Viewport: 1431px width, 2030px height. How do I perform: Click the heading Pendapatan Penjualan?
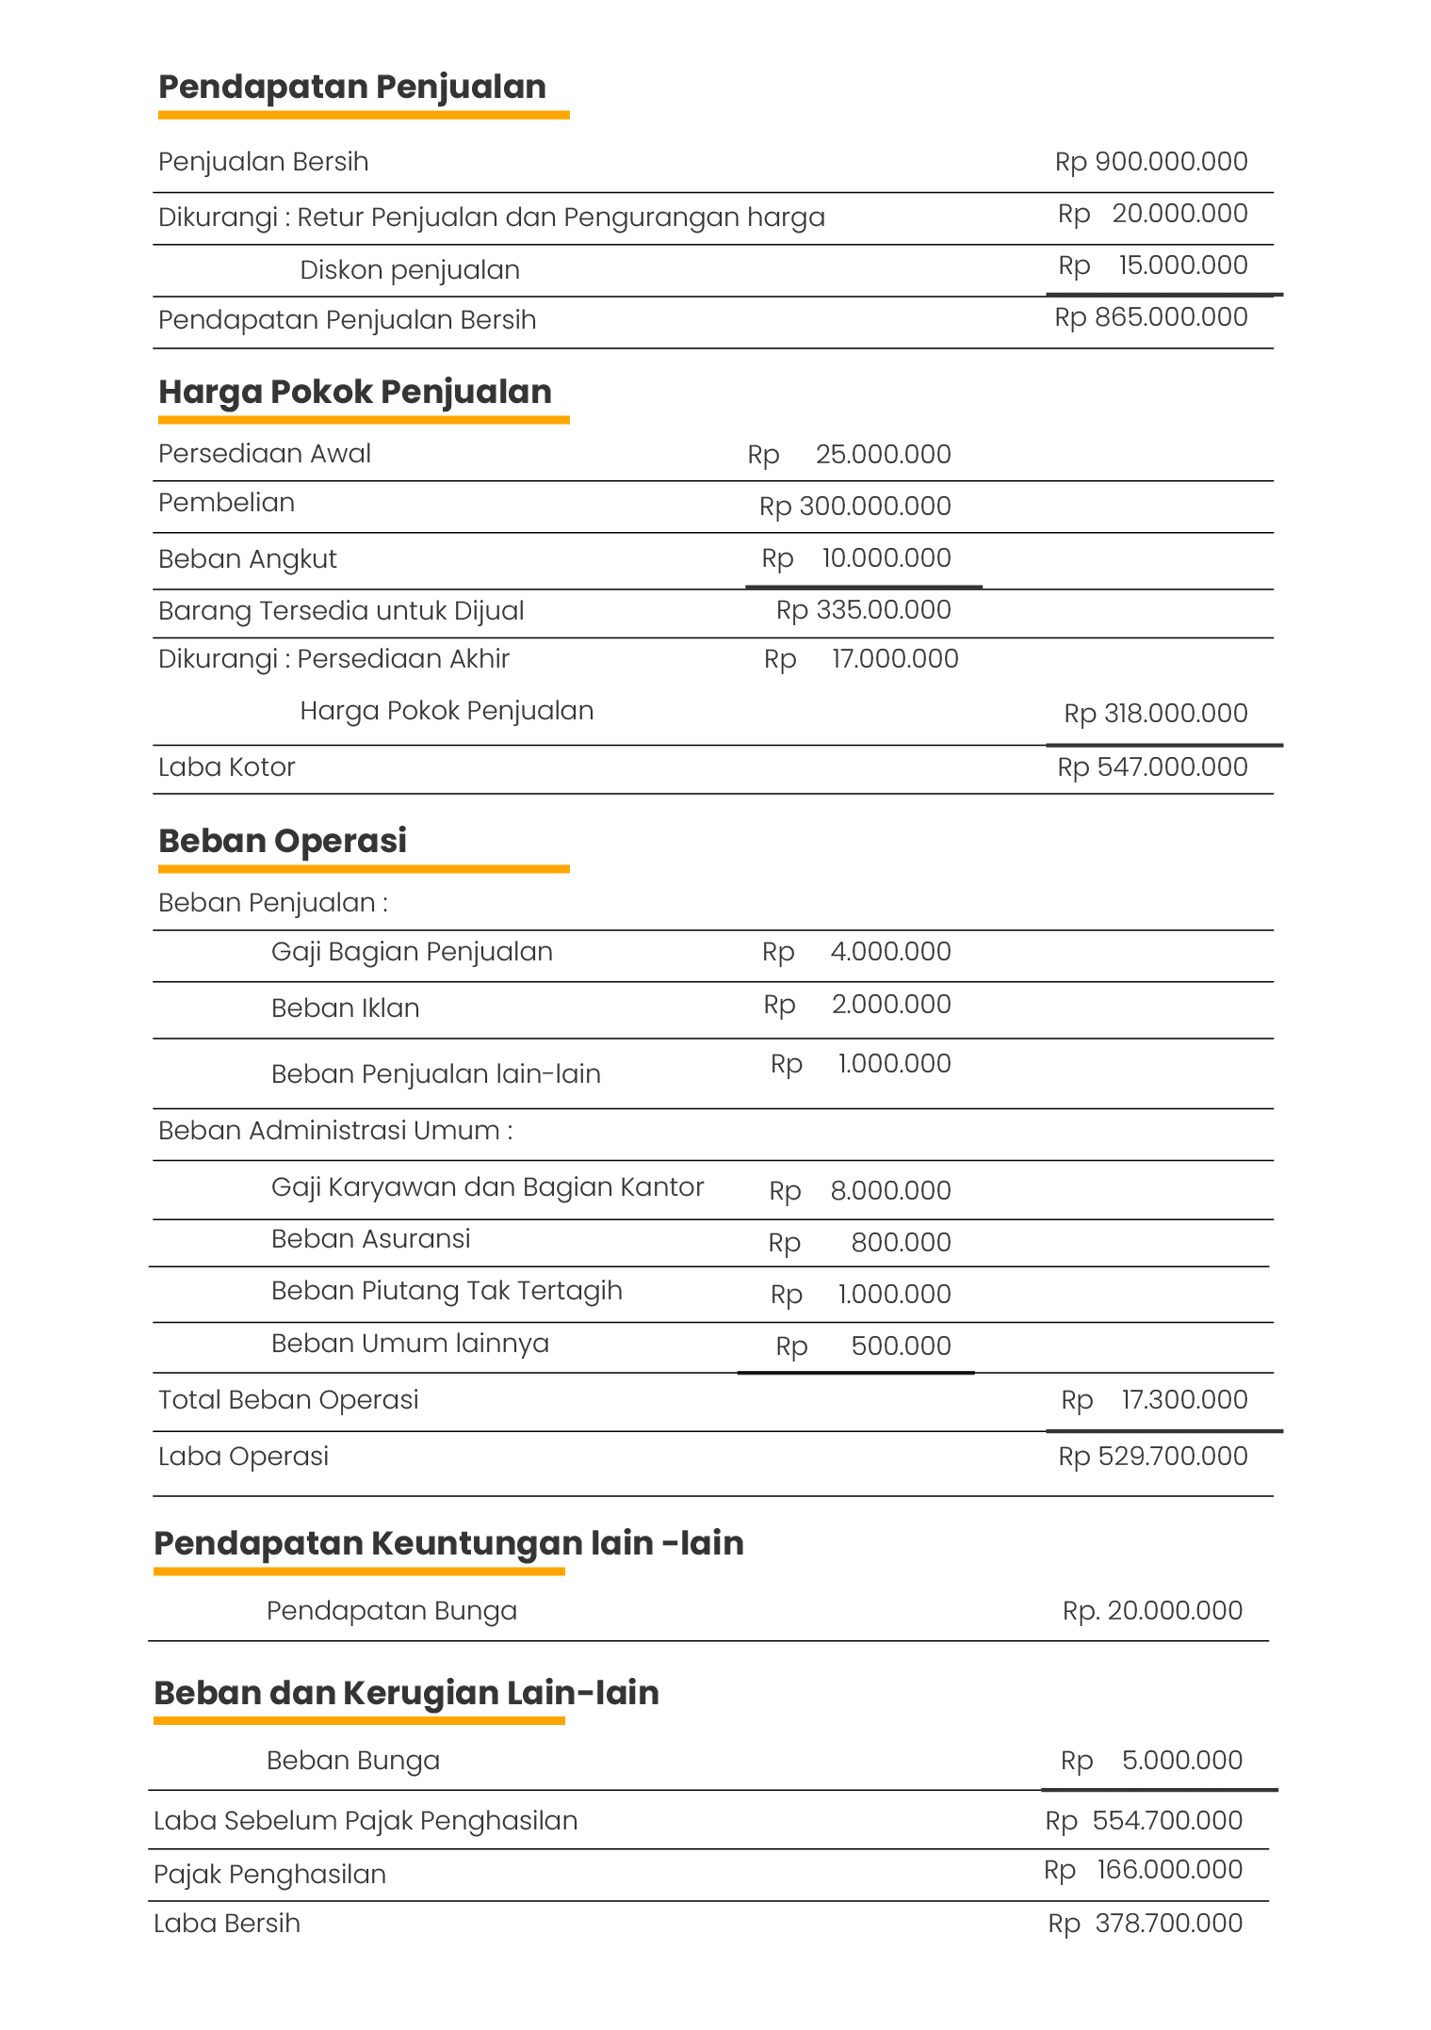[x=351, y=87]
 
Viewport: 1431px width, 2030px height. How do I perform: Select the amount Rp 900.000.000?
[x=1150, y=162]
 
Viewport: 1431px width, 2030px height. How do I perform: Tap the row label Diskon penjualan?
[x=410, y=270]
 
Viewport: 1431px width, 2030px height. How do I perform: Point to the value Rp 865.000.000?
[x=1150, y=317]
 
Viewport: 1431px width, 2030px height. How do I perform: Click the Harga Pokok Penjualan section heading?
[x=354, y=392]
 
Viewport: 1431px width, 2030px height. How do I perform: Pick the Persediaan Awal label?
[x=264, y=454]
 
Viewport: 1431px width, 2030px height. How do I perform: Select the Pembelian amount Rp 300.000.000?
[x=854, y=507]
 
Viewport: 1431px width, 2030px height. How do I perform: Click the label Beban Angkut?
[x=247, y=559]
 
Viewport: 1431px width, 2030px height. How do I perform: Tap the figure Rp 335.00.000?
[x=863, y=610]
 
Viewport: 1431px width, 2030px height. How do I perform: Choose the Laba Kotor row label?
[x=226, y=767]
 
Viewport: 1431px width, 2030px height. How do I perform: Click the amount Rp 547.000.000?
[x=1151, y=767]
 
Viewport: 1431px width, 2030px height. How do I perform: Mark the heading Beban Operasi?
[x=282, y=841]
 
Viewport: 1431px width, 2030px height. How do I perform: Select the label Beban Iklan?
[x=345, y=1008]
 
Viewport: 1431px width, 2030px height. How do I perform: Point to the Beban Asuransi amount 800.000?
[x=900, y=1243]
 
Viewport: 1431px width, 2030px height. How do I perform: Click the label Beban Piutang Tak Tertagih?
[x=447, y=1291]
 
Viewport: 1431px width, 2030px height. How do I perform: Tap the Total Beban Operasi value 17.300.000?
[x=1183, y=1400]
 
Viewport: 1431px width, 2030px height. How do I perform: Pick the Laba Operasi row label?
[x=243, y=1457]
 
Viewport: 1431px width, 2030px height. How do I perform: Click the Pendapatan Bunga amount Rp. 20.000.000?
[x=1151, y=1611]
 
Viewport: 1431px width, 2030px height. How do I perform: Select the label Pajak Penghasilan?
[x=269, y=1875]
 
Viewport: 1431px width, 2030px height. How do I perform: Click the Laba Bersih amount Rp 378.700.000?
[x=1145, y=1924]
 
